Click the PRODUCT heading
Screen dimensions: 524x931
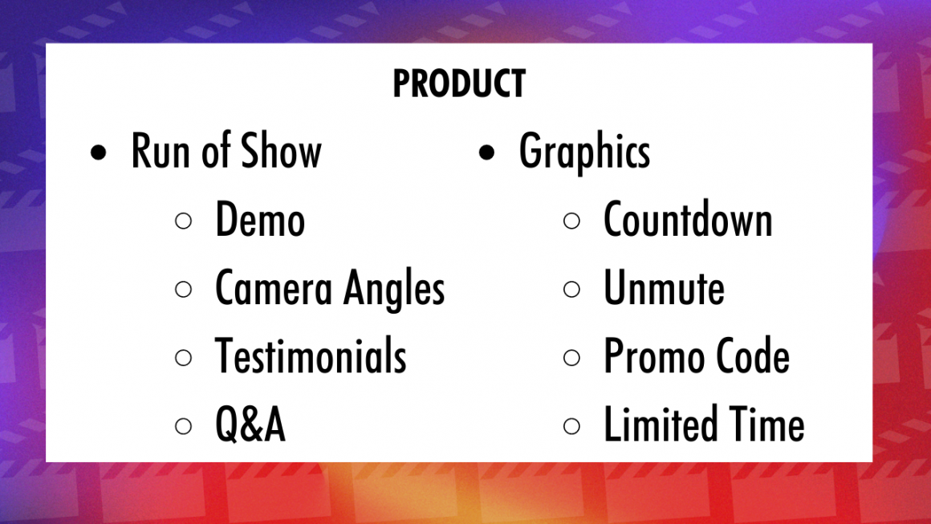459,83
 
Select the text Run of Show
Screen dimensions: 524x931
226,152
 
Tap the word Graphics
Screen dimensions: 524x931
584,152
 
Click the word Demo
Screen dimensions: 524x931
260,221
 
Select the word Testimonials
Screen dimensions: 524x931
311,357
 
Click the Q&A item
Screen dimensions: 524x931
250,425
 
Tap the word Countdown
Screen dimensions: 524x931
688,221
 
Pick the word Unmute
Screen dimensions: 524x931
664,289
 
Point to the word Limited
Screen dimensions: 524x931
661,425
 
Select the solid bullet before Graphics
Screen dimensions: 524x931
486,153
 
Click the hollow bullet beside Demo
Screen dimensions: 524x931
184,221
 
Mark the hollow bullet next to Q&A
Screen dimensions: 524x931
184,426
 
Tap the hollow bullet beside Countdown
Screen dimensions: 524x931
571,221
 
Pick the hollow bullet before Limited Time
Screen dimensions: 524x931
571,426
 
